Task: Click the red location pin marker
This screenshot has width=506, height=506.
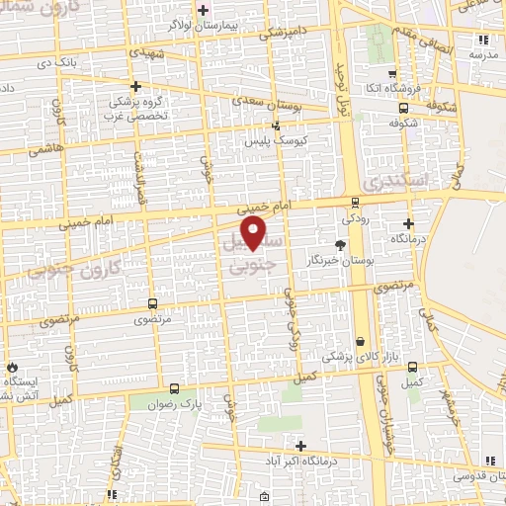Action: pyautogui.click(x=255, y=233)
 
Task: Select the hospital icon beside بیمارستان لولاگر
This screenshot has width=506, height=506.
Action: pyautogui.click(x=203, y=11)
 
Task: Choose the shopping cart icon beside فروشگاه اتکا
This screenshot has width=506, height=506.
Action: pyautogui.click(x=393, y=73)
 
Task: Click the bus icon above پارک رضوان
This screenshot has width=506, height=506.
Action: pyautogui.click(x=175, y=388)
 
